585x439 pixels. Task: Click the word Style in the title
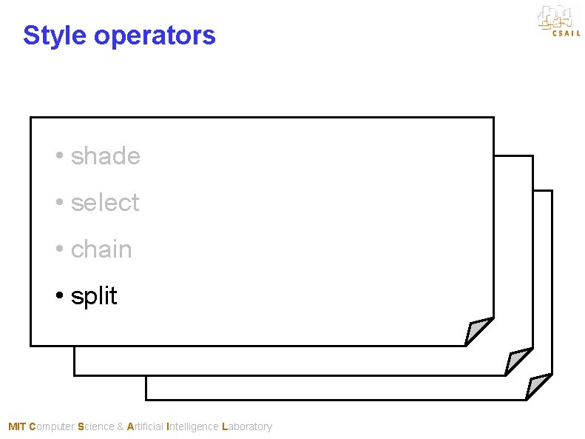click(55, 36)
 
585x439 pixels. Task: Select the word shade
click(105, 156)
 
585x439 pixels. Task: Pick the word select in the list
click(105, 203)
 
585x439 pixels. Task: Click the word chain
click(101, 249)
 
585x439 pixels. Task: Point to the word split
click(94, 297)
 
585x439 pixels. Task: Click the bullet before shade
click(59, 157)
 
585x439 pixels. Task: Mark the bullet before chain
click(59, 250)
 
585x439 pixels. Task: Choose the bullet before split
click(59, 297)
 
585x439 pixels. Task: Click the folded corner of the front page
click(478, 332)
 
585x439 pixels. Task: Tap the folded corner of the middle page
click(518, 361)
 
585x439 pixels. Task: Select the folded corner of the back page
click(538, 386)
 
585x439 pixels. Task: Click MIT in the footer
click(16, 426)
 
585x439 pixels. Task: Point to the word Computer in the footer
click(51, 426)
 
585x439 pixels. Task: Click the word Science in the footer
click(95, 426)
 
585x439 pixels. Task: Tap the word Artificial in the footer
click(146, 426)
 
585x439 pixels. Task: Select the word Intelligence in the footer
click(193, 426)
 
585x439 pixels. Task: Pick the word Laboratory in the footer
click(247, 426)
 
